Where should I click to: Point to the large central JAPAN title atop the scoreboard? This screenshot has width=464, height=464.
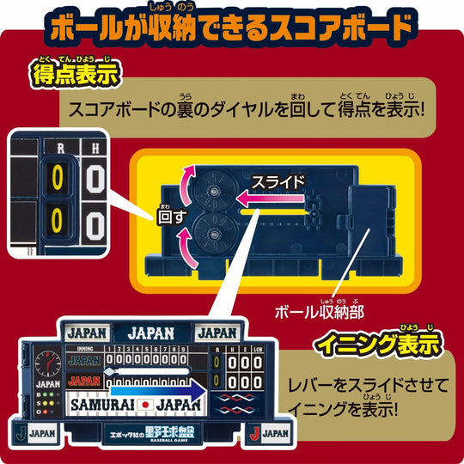[151, 332]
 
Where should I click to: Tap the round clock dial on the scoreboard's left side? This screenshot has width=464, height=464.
[50, 361]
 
